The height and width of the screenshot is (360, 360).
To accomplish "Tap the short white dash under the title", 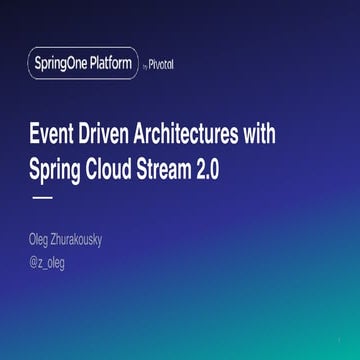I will (43, 199).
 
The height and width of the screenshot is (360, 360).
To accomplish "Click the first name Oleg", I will (46, 240).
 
